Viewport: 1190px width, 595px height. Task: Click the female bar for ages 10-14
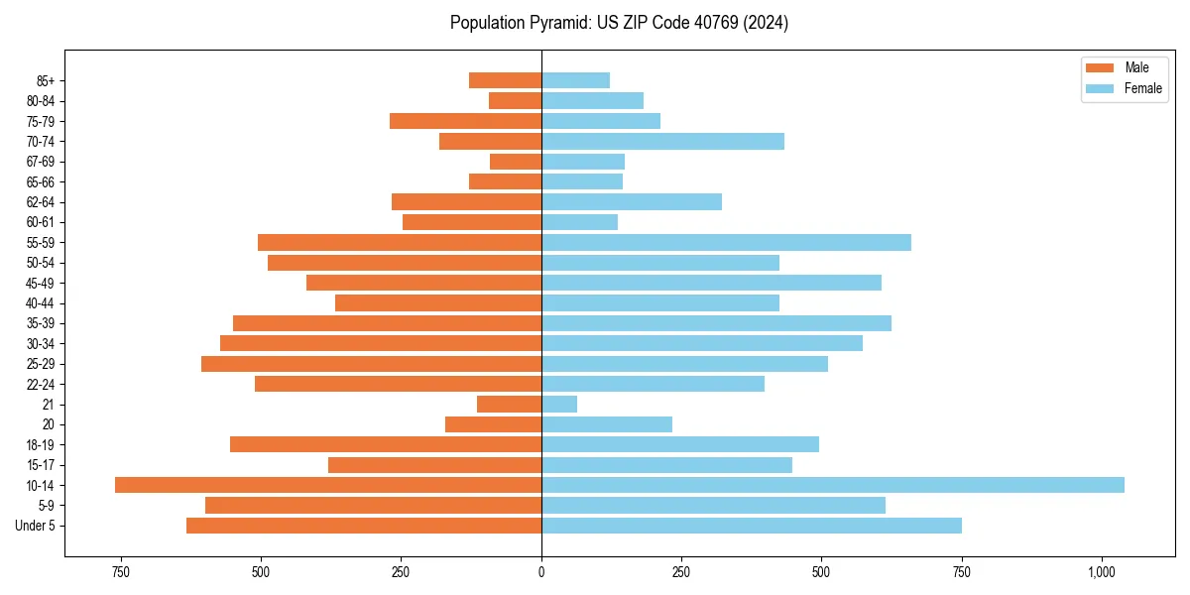[x=833, y=485]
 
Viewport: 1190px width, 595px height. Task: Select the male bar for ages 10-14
[x=328, y=485]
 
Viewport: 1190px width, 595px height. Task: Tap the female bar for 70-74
[x=662, y=142]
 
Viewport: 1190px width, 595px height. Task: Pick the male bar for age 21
[x=509, y=405]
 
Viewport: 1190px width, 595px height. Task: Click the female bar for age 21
[x=559, y=405]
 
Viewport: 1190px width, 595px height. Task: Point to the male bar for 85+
[x=505, y=80]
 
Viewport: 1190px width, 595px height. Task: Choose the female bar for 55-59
[x=726, y=243]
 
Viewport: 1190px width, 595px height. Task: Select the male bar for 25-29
[x=371, y=364]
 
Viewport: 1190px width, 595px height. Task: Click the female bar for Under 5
[x=752, y=526]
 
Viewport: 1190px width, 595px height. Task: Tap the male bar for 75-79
[x=465, y=121]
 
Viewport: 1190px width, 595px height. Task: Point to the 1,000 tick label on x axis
[x=1102, y=572]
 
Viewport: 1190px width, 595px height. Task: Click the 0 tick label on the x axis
[x=541, y=572]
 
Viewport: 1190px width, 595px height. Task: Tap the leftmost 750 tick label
[x=121, y=572]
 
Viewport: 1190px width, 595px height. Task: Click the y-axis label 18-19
[x=41, y=445]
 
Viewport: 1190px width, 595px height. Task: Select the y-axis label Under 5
[x=35, y=526]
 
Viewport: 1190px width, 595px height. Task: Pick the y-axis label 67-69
[x=41, y=162]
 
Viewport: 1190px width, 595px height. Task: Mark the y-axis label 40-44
[x=41, y=303]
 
